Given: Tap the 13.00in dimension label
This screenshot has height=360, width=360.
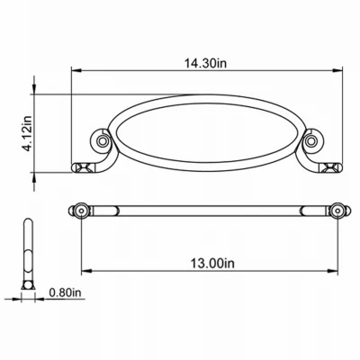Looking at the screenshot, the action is point(212,264).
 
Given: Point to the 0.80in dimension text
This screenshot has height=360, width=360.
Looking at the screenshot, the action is point(65,292).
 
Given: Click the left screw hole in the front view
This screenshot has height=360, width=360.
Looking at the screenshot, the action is point(103,140).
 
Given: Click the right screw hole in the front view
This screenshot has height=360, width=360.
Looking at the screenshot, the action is point(311,140).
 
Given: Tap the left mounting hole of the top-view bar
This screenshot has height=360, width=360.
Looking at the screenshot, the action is point(81,211).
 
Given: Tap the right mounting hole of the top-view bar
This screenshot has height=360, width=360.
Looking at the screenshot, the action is point(337,211).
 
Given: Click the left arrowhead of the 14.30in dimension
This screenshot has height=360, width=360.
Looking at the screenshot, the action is point(76,71).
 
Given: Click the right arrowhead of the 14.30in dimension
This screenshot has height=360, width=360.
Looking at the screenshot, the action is point(337,71).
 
